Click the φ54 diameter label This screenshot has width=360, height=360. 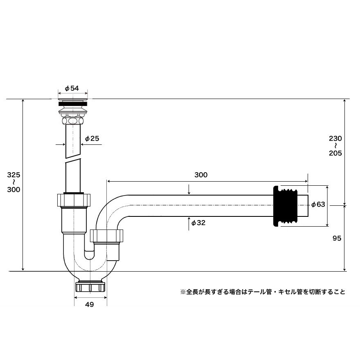click(x=72, y=88)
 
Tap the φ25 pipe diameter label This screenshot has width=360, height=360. click(x=92, y=138)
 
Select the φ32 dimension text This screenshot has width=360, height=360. click(x=198, y=223)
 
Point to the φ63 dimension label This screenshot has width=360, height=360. click(x=318, y=204)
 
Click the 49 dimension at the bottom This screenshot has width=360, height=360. click(x=89, y=304)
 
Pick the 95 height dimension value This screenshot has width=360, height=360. click(x=337, y=239)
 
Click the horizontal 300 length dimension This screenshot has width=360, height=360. click(x=201, y=175)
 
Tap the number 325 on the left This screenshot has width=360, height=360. click(x=13, y=175)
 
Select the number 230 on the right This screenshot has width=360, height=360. click(x=335, y=138)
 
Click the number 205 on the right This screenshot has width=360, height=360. click(x=335, y=153)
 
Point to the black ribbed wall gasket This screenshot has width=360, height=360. click(x=285, y=206)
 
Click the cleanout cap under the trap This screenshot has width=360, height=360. click(x=90, y=287)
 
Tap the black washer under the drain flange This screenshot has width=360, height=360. click(x=73, y=104)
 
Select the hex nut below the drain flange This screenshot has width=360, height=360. click(x=73, y=121)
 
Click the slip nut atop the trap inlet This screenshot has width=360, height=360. click(x=74, y=200)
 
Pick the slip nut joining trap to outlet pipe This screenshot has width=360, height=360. click(x=106, y=236)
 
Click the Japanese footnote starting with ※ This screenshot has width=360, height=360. click(x=263, y=292)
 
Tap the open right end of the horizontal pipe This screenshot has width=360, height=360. click(x=308, y=206)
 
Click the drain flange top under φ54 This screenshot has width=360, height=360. click(x=73, y=100)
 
